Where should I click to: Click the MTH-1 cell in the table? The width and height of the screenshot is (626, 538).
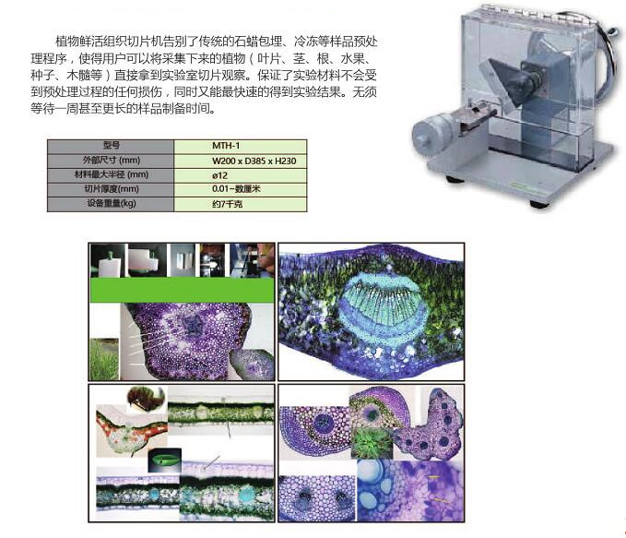click(241, 146)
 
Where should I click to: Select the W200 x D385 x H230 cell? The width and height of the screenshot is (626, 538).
click(241, 160)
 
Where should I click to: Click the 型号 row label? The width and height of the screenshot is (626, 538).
click(112, 146)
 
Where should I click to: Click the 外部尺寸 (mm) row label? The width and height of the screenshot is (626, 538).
click(112, 160)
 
